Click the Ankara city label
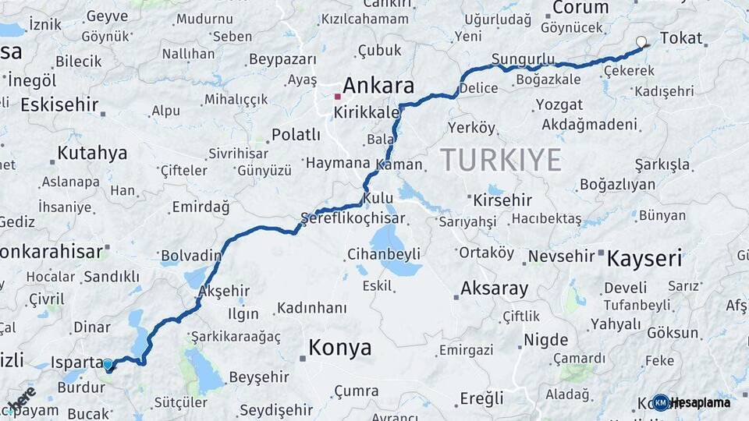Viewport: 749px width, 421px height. click(378, 85)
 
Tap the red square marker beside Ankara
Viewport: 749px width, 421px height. click(337, 97)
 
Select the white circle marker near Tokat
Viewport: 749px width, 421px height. click(641, 42)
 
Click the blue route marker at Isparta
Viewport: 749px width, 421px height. click(108, 364)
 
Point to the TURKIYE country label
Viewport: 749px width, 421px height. click(500, 160)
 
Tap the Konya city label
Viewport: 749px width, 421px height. click(339, 348)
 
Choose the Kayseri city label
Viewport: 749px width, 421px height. click(644, 258)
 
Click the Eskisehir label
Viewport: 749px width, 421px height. click(59, 104)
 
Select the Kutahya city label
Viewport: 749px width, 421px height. click(91, 153)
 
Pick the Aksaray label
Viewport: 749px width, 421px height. click(494, 288)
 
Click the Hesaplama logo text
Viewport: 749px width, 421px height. click(701, 402)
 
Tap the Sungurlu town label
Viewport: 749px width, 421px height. click(523, 60)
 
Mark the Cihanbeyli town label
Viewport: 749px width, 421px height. click(383, 254)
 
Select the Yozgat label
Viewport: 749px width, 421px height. click(559, 104)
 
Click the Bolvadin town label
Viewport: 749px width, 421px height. click(190, 256)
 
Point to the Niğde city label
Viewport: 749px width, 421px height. click(545, 340)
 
